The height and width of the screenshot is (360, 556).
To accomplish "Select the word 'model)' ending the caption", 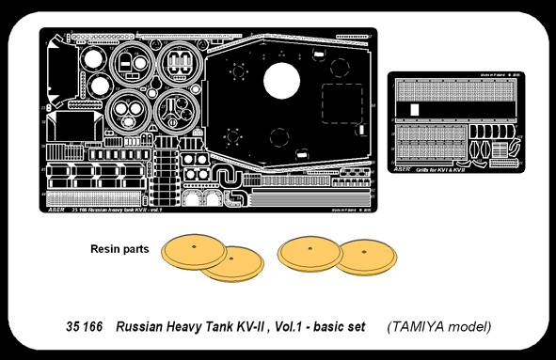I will click(x=469, y=327).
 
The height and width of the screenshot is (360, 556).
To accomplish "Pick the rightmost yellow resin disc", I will click(x=364, y=258).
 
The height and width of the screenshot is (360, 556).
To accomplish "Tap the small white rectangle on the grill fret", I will click(x=416, y=108).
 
